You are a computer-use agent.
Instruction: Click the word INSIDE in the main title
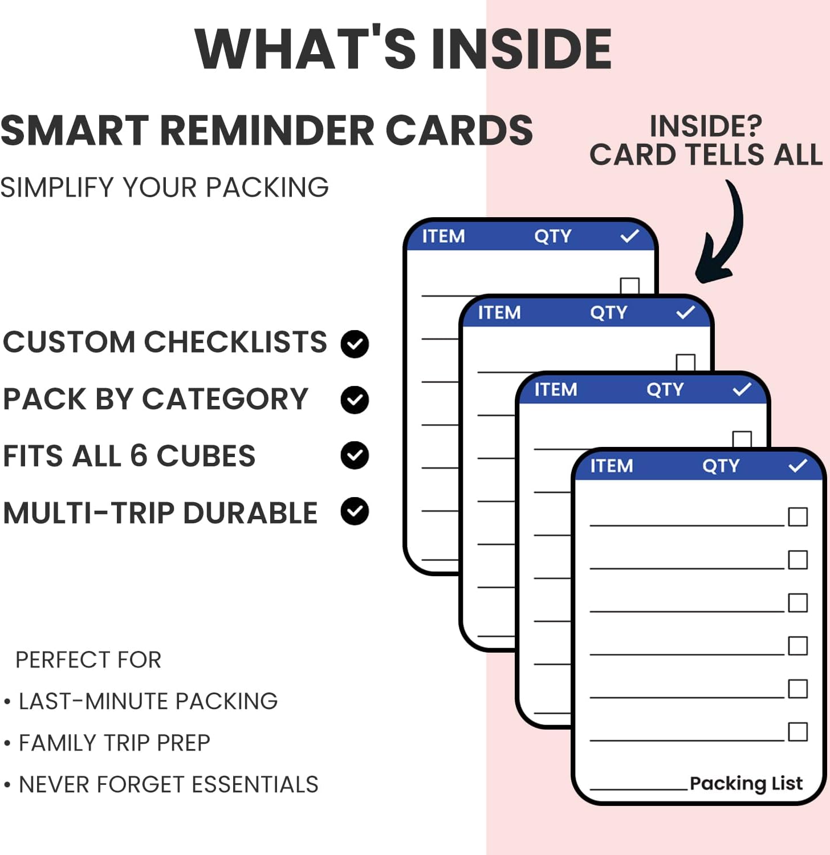(x=521, y=49)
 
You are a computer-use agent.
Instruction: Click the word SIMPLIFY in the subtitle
(x=58, y=188)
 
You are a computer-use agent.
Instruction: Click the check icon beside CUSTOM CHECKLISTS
(x=355, y=344)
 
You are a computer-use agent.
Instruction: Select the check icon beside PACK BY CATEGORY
(x=355, y=400)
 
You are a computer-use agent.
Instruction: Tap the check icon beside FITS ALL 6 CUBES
(x=355, y=455)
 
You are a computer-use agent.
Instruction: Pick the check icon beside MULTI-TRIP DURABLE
(x=355, y=511)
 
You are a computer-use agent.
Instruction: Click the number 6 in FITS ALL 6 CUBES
(x=139, y=456)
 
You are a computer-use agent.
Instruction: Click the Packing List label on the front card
(x=746, y=784)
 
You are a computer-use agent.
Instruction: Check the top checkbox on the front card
(x=798, y=517)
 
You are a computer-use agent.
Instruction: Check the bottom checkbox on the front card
(x=798, y=732)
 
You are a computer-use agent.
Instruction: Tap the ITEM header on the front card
(x=612, y=466)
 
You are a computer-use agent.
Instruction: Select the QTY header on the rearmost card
(x=552, y=237)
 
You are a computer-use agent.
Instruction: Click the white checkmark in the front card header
(x=798, y=466)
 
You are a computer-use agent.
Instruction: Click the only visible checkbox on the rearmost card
(x=629, y=286)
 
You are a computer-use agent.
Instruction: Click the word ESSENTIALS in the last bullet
(x=255, y=784)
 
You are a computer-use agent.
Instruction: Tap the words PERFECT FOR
(x=88, y=659)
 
